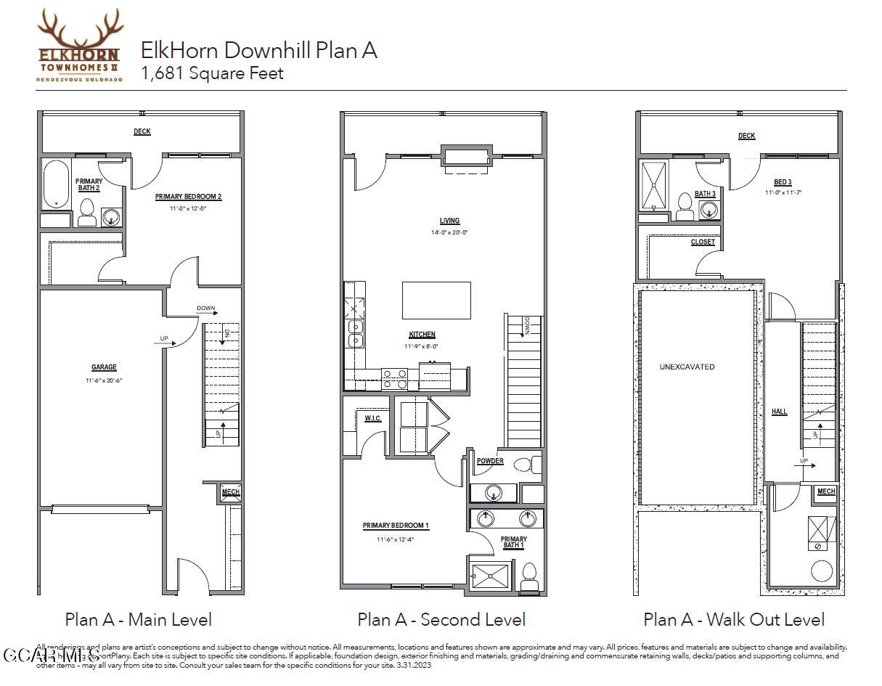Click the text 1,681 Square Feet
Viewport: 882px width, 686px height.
coord(212,73)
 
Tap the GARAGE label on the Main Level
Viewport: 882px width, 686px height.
coord(104,367)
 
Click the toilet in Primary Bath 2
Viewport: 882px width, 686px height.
coord(87,212)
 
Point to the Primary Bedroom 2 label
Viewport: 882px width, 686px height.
coord(188,197)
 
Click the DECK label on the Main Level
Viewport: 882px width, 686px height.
coord(142,131)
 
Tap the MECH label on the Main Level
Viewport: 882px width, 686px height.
coord(230,492)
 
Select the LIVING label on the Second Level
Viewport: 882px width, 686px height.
coord(449,221)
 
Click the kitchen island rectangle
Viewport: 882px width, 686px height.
coord(436,301)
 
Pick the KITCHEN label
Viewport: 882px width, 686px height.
coord(422,335)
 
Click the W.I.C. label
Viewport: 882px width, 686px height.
coord(373,418)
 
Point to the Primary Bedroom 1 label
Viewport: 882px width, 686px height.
coord(396,526)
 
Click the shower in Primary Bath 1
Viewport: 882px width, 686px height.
coord(489,576)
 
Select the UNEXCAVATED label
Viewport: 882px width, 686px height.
coord(687,367)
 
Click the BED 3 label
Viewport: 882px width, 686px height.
coord(783,182)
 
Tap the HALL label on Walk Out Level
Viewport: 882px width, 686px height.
coord(779,412)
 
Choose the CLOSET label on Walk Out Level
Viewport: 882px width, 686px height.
coord(702,242)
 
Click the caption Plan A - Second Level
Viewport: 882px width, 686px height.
coord(441,619)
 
